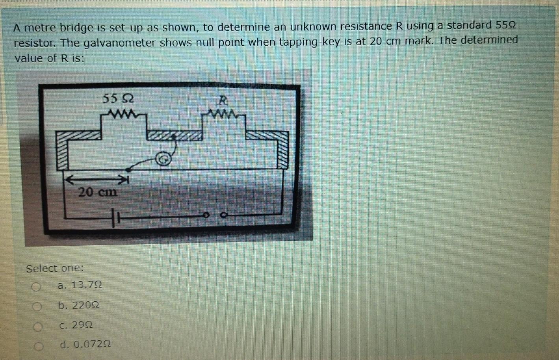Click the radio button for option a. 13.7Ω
(36, 287)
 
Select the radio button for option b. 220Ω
(37, 306)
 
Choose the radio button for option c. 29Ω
(37, 327)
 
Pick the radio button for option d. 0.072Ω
(39, 346)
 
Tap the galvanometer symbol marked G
(163, 159)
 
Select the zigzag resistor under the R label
(223, 115)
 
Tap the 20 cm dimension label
(97, 193)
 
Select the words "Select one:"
(55, 269)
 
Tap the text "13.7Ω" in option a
(86, 285)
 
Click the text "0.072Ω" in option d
(92, 345)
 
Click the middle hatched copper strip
(175, 135)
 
